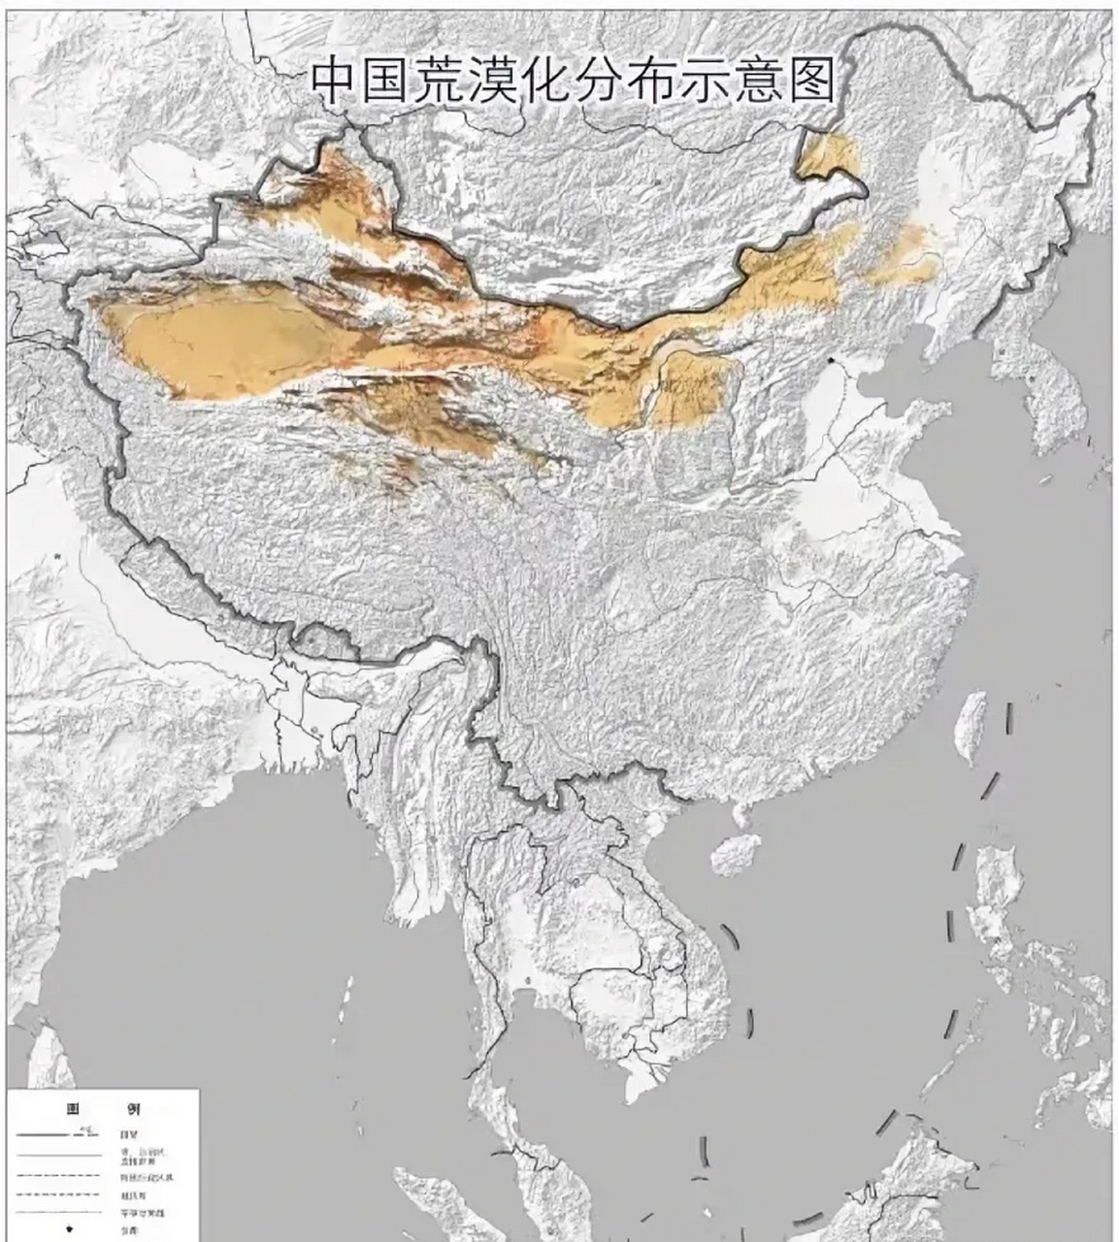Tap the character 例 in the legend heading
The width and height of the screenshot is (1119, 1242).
point(132,1108)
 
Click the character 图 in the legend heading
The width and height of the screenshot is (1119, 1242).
point(72,1108)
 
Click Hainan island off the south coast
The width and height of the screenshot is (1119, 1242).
point(736,854)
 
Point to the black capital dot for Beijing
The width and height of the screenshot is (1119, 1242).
point(832,361)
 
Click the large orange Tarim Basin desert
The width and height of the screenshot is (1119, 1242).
point(223,344)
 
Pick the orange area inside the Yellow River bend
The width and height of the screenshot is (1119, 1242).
point(691,388)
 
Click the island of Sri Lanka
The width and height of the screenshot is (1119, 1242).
point(49,1058)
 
